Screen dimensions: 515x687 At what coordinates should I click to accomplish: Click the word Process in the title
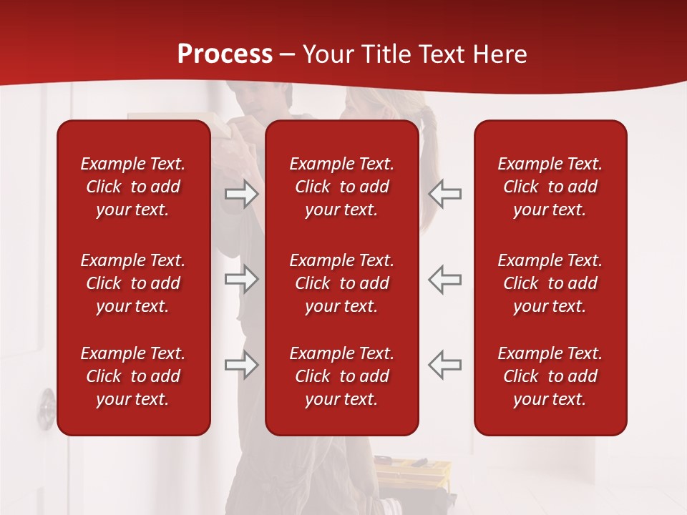225,54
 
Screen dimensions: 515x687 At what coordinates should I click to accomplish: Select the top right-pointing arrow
241,194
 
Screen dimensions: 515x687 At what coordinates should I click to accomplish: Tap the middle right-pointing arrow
241,279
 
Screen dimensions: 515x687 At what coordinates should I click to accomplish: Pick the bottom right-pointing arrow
241,365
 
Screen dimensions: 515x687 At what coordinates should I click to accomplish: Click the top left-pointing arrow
445,194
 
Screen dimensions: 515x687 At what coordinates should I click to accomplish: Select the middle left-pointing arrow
445,279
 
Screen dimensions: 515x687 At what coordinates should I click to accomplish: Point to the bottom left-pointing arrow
445,365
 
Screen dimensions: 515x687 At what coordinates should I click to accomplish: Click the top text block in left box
133,187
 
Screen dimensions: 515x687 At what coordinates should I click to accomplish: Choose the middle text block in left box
133,283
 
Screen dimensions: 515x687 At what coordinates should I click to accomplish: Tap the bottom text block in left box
133,376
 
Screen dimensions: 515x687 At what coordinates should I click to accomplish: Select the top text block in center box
341,187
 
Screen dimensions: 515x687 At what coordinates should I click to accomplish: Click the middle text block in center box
341,283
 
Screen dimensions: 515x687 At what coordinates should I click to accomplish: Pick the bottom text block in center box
341,376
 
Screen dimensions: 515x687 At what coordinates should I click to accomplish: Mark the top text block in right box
550,187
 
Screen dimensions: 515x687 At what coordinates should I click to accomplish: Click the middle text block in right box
550,283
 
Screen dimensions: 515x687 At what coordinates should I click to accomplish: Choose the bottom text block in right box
550,376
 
